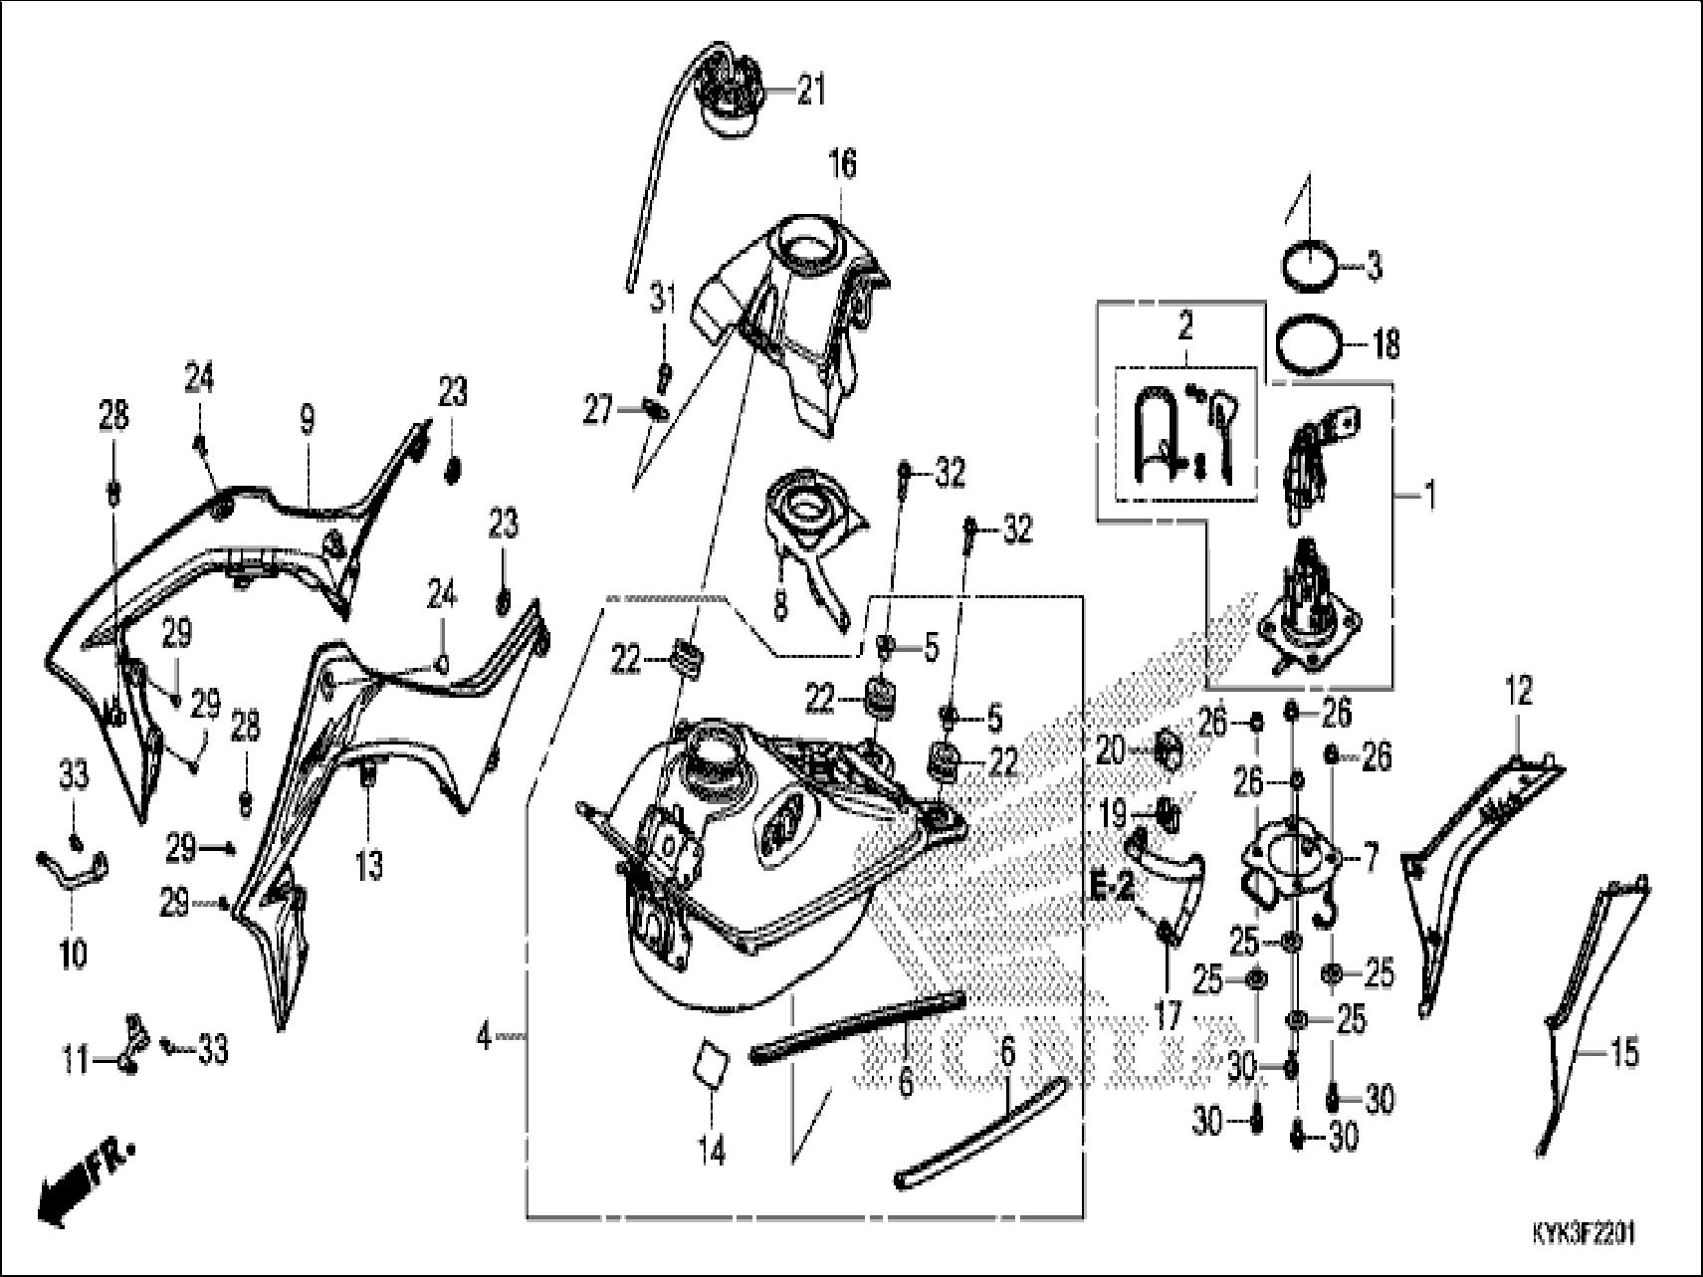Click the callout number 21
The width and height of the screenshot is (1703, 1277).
coord(812,93)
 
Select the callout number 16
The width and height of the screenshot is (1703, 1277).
coord(842,162)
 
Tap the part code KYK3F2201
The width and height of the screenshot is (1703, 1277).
coord(1584,1234)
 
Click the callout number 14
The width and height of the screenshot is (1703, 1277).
coord(713,1152)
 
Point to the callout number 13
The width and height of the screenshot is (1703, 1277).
coord(368,866)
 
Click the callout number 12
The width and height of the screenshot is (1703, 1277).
coord(1519,690)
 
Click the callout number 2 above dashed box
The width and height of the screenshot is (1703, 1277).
coord(1184,326)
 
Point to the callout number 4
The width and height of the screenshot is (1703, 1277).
coord(484,1038)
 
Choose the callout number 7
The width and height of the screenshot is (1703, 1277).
coord(1371,858)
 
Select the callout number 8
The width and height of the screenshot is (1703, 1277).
coord(779,601)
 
